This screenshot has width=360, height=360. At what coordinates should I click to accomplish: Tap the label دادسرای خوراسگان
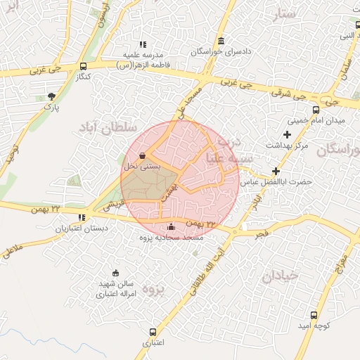[221, 52]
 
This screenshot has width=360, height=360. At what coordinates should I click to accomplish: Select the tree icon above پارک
[51, 96]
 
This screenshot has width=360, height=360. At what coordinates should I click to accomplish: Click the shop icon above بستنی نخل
[143, 155]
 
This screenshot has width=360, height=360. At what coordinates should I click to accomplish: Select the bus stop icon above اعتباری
[153, 332]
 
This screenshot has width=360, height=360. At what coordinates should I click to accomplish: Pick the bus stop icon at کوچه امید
[314, 315]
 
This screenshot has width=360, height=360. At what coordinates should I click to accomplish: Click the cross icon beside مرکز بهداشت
[286, 134]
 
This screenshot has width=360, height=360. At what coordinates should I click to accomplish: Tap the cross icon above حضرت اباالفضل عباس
[276, 171]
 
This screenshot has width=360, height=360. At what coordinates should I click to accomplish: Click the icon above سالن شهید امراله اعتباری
[116, 273]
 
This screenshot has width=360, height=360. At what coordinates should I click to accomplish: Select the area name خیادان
[281, 276]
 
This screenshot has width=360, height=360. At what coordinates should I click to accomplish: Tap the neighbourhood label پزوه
[153, 288]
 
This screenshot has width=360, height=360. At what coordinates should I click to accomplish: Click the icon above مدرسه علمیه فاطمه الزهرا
[143, 44]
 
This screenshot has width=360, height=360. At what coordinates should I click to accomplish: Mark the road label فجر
[261, 231]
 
